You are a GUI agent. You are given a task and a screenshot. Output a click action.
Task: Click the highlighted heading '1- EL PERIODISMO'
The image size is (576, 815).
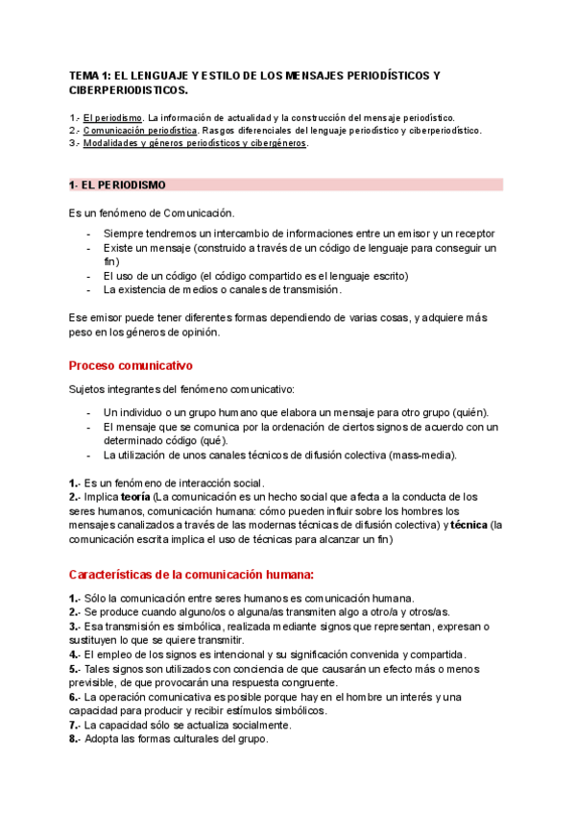coord(117,185)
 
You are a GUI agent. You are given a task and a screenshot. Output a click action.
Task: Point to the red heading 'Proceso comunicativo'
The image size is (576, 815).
coord(131,366)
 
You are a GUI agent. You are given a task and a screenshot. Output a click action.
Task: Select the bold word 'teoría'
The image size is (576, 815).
coord(135,497)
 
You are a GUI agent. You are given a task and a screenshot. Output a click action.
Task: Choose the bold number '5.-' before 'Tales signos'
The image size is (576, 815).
coord(77,669)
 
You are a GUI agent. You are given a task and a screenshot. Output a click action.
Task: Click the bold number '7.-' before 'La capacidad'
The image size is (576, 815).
coord(77,725)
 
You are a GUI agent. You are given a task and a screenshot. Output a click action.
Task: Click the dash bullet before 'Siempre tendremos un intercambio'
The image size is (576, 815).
coord(88,234)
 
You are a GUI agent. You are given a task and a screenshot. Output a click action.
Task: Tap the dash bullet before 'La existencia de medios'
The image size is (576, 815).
coord(88,289)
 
